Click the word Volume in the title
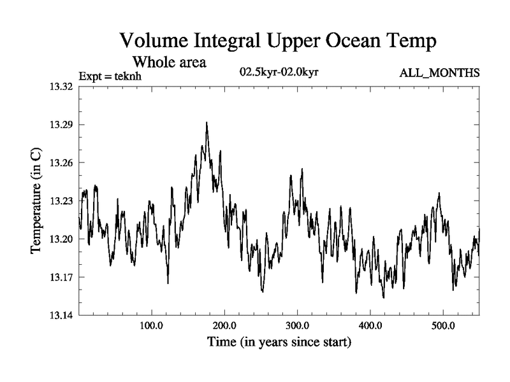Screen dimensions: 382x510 click(157, 42)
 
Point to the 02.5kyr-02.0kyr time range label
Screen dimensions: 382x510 click(279, 71)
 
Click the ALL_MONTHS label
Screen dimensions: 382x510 click(439, 73)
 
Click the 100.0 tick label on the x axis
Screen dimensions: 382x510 click(151, 327)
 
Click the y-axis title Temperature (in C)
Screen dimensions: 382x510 click(36, 201)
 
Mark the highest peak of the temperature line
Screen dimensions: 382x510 click(207, 123)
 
